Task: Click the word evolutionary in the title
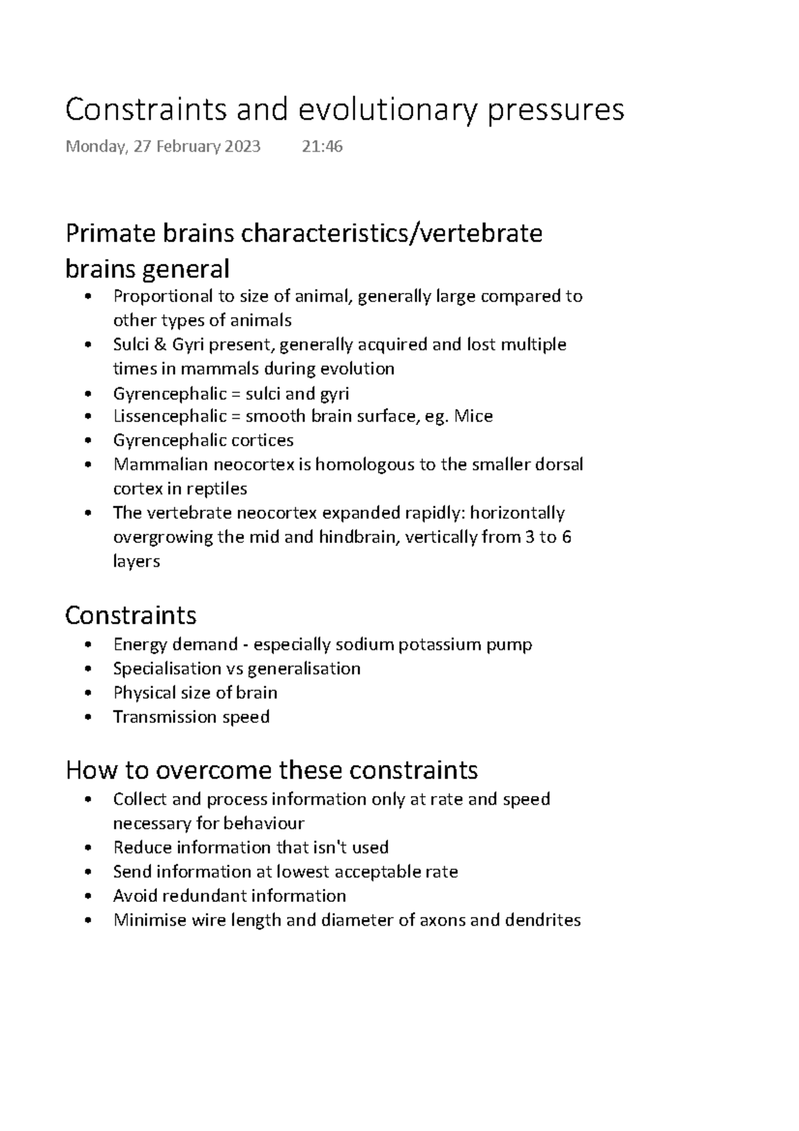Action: click(387, 111)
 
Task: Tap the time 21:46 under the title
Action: click(322, 147)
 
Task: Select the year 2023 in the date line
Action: click(242, 147)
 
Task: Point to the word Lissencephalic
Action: click(170, 417)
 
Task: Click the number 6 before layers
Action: click(567, 538)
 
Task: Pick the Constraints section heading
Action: click(131, 615)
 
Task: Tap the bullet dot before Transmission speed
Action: click(89, 718)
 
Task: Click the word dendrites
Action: click(543, 921)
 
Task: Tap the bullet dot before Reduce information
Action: click(89, 849)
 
